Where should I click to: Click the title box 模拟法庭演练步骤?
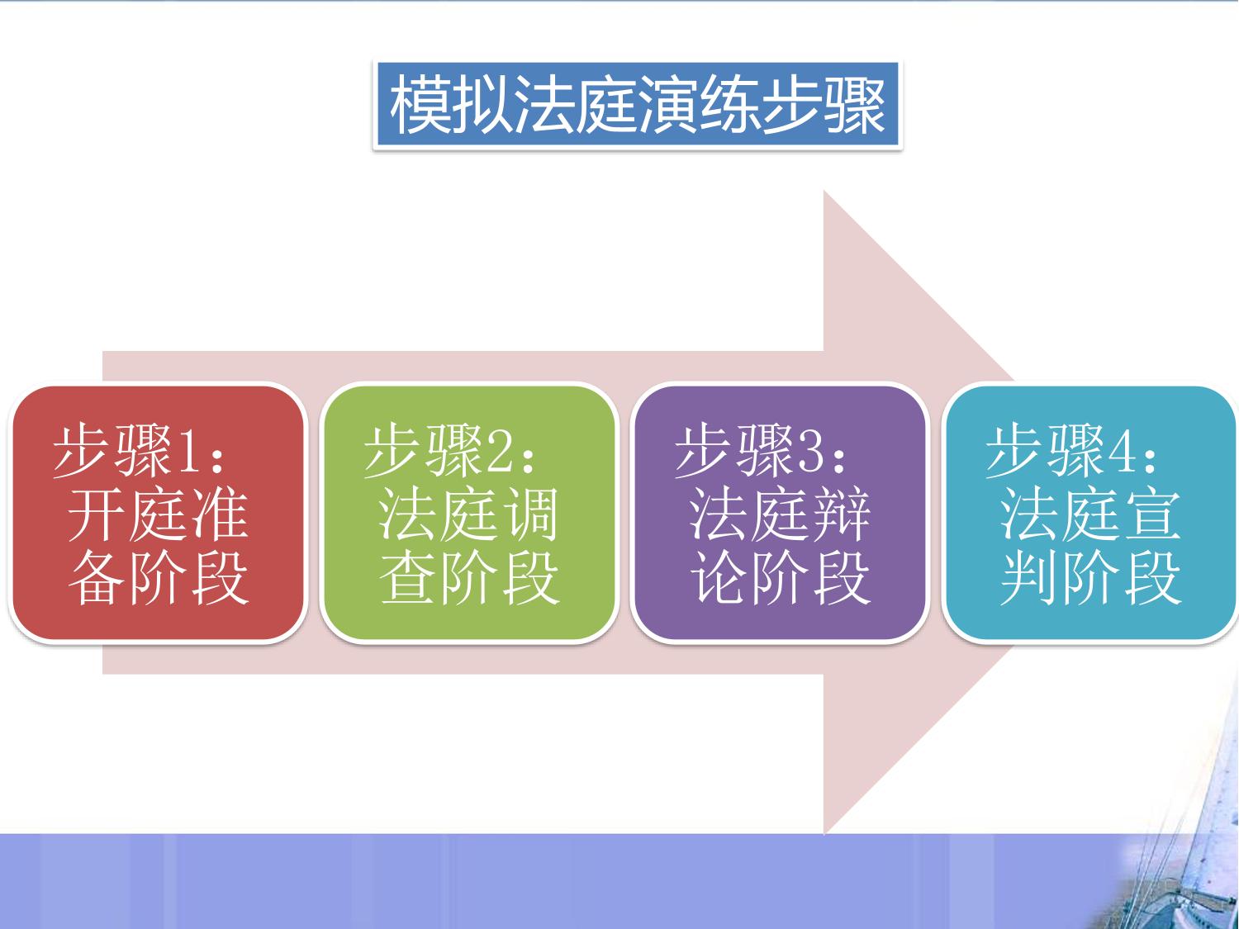[638, 106]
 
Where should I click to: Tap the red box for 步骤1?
[158, 514]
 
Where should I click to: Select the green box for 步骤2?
[469, 514]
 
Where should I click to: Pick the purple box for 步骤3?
[780, 514]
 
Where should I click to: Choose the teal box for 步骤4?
[1091, 514]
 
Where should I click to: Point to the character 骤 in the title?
[855, 106]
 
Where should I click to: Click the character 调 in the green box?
[530, 514]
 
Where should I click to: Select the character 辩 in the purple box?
[841, 514]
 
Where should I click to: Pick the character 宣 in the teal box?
[1152, 514]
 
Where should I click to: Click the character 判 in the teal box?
[1030, 577]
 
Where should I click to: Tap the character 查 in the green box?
[409, 577]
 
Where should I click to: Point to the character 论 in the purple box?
[720, 577]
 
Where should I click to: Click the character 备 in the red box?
[97, 577]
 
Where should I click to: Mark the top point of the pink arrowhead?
[824, 191]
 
